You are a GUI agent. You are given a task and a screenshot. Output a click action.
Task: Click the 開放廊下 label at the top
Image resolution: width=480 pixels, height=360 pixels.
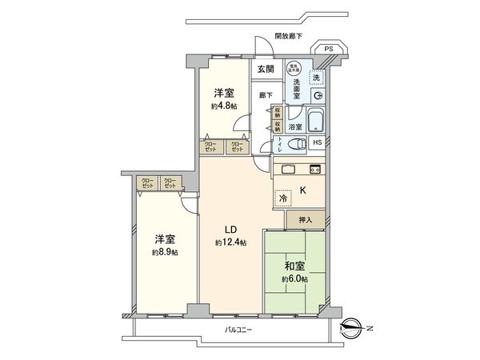tap(288, 35)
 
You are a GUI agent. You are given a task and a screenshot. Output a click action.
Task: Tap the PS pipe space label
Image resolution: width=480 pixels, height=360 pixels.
tap(328, 50)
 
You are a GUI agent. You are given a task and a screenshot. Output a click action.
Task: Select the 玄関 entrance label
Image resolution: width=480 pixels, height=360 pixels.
tap(264, 70)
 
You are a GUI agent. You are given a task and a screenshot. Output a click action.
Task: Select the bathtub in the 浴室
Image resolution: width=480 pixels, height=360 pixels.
tap(314, 122)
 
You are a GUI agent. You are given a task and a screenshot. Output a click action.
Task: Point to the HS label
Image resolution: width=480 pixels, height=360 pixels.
tap(318, 144)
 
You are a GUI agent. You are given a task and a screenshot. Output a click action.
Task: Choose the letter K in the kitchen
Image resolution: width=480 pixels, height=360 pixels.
tap(303, 190)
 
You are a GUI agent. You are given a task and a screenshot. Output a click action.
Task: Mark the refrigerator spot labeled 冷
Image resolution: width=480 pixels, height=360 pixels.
tap(283, 198)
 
